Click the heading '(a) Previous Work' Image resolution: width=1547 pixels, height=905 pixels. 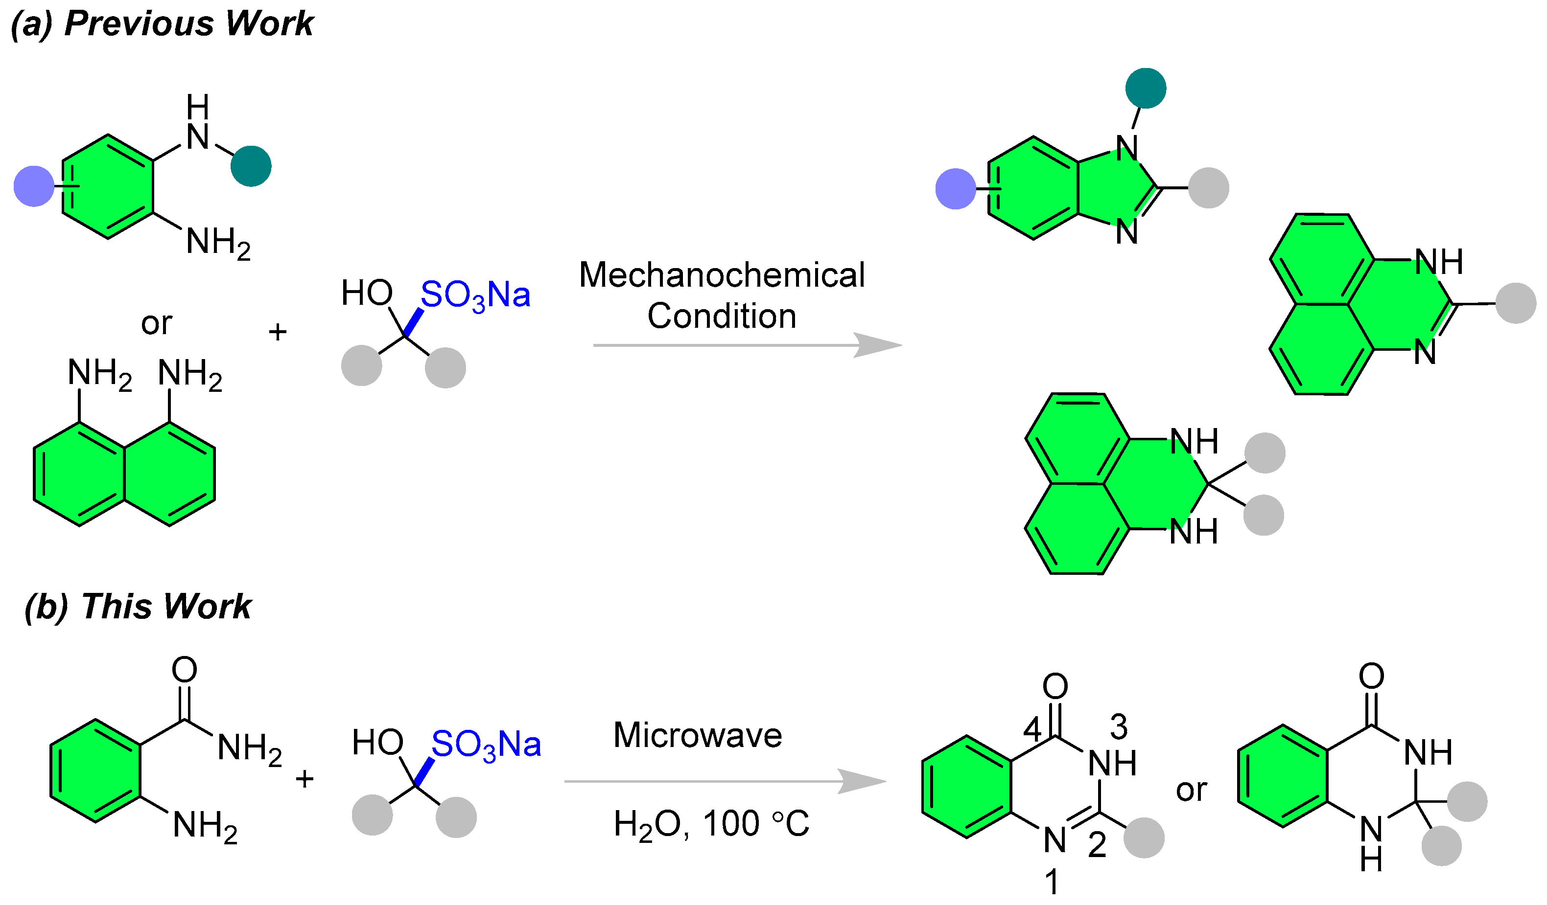tap(162, 24)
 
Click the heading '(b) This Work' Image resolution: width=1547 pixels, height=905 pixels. tap(138, 607)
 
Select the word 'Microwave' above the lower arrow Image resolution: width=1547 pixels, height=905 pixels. tap(698, 735)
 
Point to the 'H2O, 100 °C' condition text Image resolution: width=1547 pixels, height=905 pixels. tap(711, 823)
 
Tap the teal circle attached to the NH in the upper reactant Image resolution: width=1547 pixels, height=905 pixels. tap(251, 166)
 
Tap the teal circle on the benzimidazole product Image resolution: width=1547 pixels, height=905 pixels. tap(1146, 89)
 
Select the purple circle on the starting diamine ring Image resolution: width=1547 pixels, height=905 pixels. tap(34, 186)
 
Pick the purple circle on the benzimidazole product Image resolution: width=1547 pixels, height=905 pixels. tap(955, 188)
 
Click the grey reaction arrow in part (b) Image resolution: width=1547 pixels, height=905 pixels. tap(725, 782)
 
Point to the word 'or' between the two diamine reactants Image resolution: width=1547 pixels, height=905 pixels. tap(157, 323)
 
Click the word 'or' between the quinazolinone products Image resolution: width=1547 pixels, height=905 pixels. tap(1191, 790)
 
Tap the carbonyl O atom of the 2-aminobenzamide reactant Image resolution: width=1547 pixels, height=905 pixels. tap(184, 669)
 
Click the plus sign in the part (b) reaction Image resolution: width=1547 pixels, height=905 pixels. tap(305, 780)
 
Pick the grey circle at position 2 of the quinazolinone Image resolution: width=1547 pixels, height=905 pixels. tap(1144, 837)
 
